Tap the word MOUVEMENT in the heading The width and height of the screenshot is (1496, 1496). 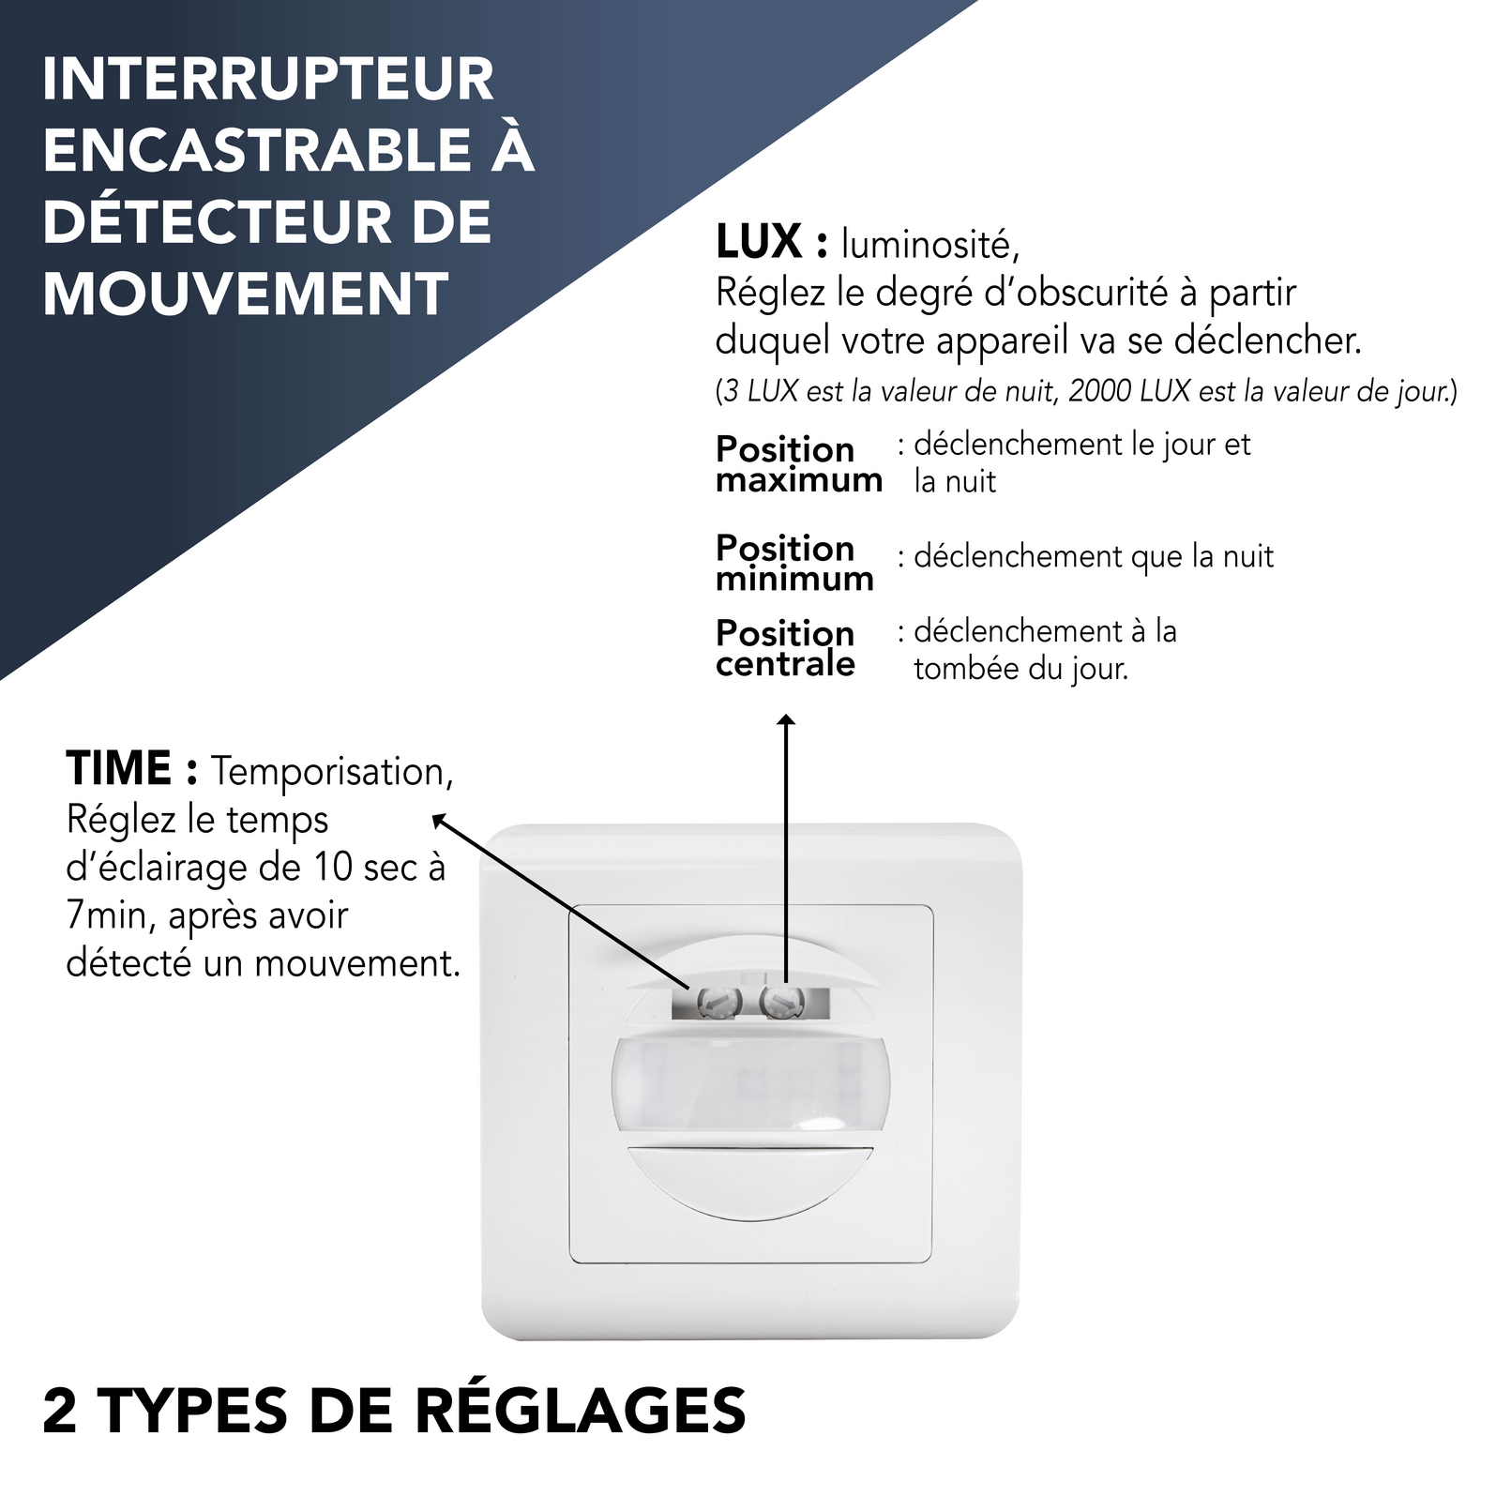[x=246, y=295]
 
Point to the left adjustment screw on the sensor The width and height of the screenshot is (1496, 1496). [x=718, y=1003]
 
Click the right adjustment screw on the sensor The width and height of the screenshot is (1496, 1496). [x=779, y=1002]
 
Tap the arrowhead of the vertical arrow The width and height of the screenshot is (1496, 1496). [x=786, y=720]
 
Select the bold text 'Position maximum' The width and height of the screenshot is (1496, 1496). [x=797, y=464]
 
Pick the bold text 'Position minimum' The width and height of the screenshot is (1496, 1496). [x=794, y=563]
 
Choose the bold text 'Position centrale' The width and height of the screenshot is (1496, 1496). [x=786, y=648]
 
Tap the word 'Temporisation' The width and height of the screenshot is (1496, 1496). [x=330, y=772]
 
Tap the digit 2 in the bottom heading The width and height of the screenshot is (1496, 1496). [x=60, y=1411]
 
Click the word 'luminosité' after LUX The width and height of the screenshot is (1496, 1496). [x=929, y=245]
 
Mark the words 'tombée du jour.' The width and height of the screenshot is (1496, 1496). [x=1020, y=669]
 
